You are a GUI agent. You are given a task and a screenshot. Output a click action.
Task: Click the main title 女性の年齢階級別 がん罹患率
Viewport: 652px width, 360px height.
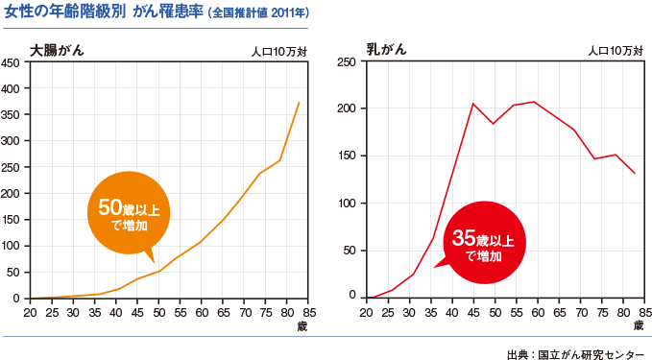click(x=106, y=12)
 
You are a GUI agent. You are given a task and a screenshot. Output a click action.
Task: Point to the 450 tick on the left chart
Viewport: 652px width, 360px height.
click(x=12, y=62)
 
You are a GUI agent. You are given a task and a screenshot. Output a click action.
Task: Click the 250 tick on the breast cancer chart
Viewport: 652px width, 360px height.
click(x=348, y=62)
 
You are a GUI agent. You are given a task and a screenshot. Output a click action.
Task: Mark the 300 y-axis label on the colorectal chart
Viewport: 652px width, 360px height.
click(x=12, y=141)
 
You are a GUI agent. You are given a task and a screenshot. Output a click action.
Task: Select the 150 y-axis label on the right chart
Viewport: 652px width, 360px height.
click(x=348, y=156)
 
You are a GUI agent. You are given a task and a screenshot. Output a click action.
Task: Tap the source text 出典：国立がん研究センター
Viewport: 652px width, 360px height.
click(x=575, y=349)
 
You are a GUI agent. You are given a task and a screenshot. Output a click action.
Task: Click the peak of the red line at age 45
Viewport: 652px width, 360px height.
click(x=472, y=104)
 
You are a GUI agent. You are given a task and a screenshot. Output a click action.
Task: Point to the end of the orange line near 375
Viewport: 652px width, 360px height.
click(x=300, y=103)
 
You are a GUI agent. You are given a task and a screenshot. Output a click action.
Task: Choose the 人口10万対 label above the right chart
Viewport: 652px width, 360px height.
click(x=616, y=51)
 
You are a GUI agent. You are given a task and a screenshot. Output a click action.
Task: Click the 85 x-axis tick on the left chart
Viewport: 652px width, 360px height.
click(x=306, y=313)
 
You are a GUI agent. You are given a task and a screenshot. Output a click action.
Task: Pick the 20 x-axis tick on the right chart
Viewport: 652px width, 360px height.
click(x=366, y=313)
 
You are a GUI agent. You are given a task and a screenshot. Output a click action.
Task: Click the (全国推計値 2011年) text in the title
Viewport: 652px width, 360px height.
click(x=258, y=13)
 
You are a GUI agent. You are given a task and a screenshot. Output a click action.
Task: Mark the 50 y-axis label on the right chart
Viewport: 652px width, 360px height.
click(x=350, y=251)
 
